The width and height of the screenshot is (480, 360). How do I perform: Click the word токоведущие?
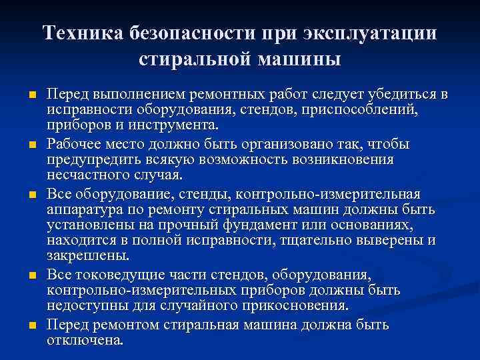point(125,274)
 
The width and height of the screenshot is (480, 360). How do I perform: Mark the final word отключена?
point(85,339)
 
